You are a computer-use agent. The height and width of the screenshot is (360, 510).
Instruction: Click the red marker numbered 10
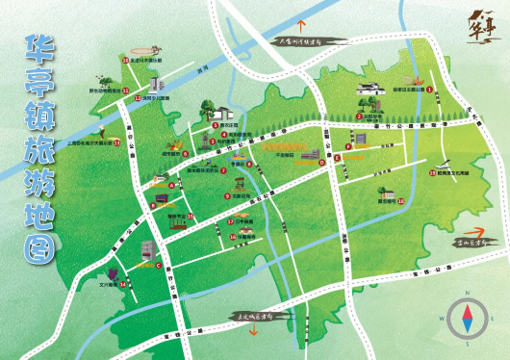(x=124, y=60)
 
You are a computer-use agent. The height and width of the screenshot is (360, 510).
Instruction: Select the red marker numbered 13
(x=115, y=143)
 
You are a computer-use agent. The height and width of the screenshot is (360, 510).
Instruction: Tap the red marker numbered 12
(x=137, y=98)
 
